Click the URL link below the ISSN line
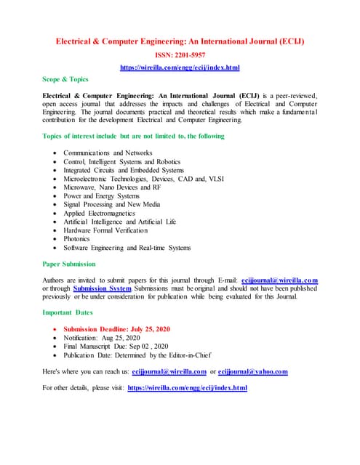tap(180, 67)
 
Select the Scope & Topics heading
tap(65, 79)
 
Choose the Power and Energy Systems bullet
tap(101, 195)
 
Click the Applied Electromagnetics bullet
tap(104, 213)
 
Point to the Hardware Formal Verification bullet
tap(105, 230)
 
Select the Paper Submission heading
tap(69, 264)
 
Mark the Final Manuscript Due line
tap(116, 347)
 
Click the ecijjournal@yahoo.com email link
tap(252, 371)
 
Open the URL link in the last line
tap(187, 388)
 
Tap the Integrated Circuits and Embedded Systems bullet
tap(124, 170)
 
